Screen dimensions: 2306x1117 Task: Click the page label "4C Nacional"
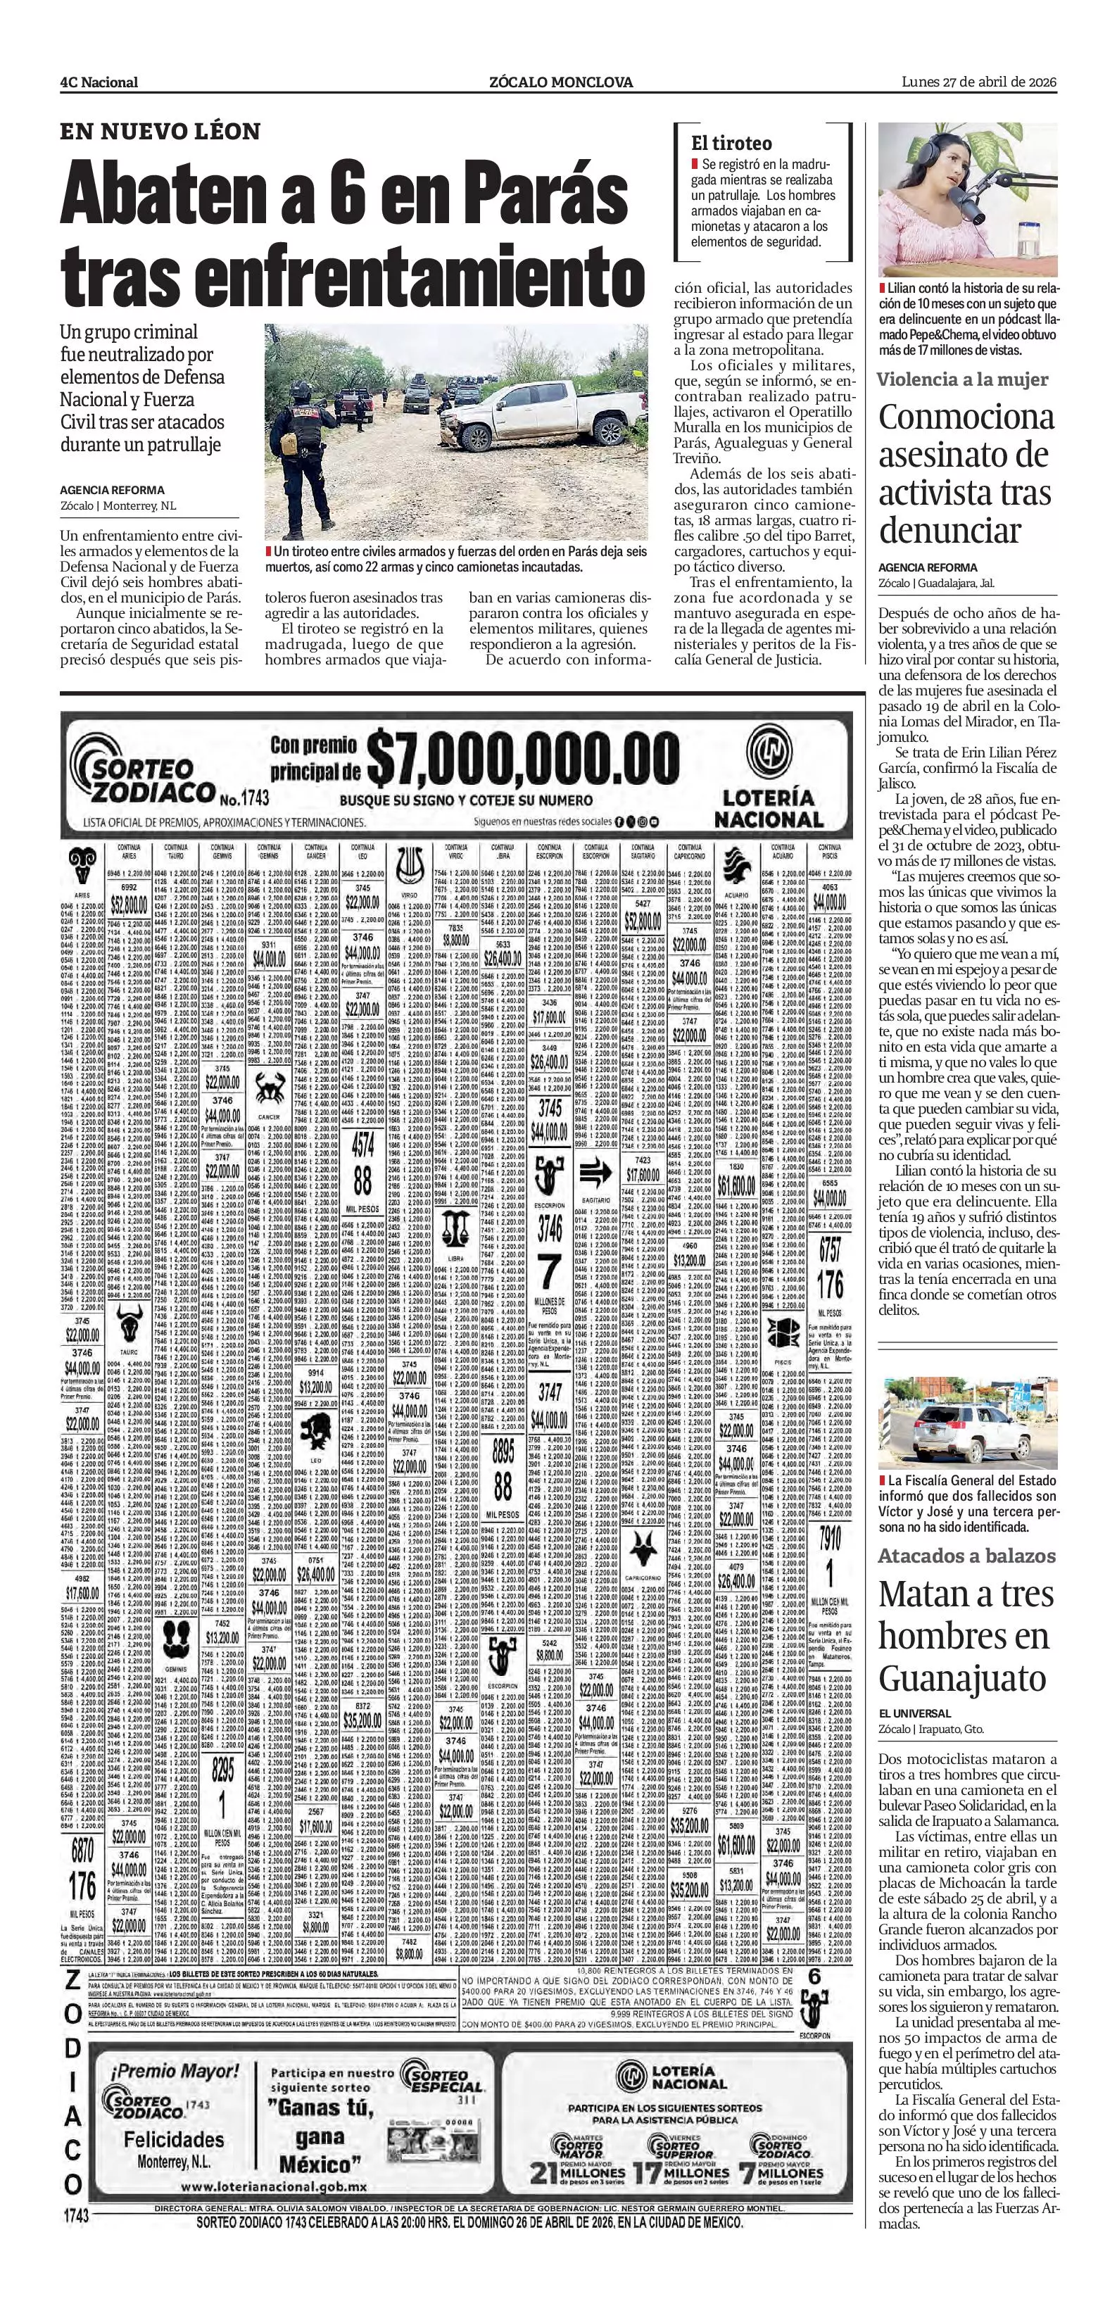99,82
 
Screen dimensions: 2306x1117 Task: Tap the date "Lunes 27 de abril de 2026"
979,82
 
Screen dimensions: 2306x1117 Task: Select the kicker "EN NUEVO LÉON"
160,132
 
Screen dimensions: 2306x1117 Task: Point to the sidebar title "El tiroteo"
731,143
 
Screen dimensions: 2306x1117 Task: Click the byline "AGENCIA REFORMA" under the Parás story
112,490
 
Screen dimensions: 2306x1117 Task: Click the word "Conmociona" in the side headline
966,417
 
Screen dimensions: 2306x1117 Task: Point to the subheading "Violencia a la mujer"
962,379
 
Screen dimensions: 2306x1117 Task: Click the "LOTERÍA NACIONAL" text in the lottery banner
768,807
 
